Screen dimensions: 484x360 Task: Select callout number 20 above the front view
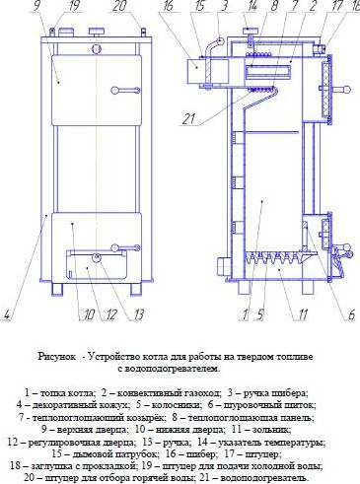pos(119,7)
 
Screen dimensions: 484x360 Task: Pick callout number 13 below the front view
pos(139,315)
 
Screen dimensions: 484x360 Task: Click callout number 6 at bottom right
pos(350,315)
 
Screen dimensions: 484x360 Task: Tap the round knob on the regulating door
pos(97,259)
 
